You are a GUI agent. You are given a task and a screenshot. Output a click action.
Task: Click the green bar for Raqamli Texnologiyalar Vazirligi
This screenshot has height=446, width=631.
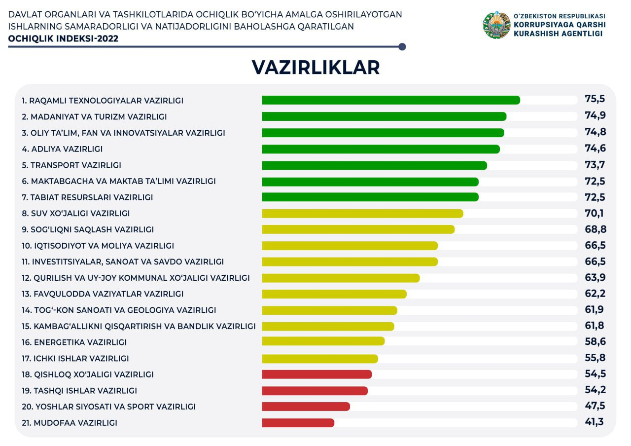390,100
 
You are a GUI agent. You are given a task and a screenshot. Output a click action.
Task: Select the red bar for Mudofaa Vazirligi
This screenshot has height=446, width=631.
298,423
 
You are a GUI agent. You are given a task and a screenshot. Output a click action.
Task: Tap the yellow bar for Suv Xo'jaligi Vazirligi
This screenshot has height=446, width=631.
362,214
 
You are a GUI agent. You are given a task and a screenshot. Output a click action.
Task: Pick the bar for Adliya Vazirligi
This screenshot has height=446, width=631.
381,149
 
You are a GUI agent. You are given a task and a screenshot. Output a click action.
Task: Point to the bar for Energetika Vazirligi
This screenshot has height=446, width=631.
323,341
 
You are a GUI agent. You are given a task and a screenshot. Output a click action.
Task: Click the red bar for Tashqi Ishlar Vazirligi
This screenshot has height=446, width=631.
315,391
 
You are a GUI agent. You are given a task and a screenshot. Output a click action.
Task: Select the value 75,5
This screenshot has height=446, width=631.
595,99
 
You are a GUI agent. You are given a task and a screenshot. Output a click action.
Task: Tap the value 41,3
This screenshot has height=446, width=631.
594,422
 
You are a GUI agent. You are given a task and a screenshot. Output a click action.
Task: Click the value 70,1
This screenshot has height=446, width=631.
594,213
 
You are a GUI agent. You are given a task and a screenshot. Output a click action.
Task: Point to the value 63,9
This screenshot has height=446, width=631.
595,278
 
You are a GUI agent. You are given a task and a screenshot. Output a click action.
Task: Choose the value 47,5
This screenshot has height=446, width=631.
595,406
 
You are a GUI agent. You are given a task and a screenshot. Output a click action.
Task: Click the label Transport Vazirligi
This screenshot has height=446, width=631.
71,165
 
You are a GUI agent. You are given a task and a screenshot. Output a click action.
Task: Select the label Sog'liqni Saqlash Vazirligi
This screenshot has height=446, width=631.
88,229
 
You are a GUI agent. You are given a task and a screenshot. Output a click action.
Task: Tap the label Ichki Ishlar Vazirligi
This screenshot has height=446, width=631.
75,359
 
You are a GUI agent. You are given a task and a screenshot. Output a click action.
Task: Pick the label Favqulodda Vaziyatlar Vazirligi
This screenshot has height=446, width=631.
103,294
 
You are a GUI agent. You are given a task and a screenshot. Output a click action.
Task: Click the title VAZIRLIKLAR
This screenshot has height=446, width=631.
315,68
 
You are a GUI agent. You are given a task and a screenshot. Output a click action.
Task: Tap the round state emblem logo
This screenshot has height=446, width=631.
496,26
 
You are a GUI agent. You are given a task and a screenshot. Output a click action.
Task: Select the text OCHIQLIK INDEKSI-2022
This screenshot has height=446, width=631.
64,38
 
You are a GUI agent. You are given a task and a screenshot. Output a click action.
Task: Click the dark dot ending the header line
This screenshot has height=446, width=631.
402,47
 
